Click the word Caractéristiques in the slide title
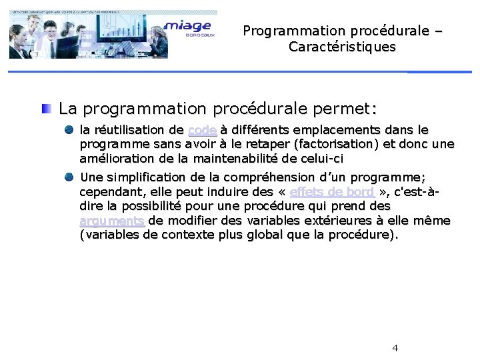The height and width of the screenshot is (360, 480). [342, 47]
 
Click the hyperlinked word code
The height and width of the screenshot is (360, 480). [202, 130]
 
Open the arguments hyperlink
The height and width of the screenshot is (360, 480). [112, 221]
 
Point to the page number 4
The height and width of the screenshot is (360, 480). [395, 348]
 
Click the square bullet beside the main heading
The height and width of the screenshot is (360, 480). [47, 107]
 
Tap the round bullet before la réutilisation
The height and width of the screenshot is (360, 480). [70, 129]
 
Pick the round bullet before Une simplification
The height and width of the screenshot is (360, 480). [70, 177]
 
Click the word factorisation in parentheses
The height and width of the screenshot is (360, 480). [337, 144]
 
